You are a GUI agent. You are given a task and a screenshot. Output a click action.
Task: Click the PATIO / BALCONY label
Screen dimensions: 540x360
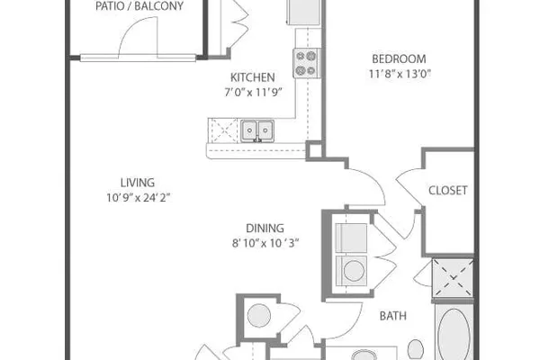click(x=139, y=6)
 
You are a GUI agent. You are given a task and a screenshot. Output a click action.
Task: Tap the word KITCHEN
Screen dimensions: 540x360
click(x=252, y=77)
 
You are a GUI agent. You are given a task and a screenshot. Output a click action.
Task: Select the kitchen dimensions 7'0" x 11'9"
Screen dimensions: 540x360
click(x=253, y=93)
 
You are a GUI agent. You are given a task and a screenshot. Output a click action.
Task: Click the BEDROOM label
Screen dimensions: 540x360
click(x=399, y=58)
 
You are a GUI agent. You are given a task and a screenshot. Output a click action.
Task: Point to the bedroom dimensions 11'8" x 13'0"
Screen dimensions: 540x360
click(x=400, y=74)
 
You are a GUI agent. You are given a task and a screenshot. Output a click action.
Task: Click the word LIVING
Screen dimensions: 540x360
click(x=138, y=183)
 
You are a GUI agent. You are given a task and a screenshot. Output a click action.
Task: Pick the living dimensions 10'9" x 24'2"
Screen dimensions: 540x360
click(x=139, y=198)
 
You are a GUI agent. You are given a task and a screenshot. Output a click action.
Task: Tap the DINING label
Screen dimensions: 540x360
click(x=265, y=228)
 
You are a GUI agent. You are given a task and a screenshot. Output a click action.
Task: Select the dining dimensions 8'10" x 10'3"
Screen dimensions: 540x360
click(x=265, y=243)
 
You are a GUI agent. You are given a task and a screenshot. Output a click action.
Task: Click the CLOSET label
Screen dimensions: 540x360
click(x=447, y=190)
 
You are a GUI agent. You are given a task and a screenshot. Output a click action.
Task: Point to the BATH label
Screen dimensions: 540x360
click(x=393, y=316)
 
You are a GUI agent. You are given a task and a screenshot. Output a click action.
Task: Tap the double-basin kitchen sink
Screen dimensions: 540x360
click(x=257, y=130)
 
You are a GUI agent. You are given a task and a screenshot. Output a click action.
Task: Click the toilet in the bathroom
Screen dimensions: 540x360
click(x=416, y=349)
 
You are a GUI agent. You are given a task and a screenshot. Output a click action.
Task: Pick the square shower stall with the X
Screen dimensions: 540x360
click(x=453, y=277)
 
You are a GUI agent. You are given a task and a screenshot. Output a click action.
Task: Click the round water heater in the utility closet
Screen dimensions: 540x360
click(x=259, y=316)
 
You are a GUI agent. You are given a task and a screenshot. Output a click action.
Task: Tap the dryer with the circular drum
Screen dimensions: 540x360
click(x=351, y=270)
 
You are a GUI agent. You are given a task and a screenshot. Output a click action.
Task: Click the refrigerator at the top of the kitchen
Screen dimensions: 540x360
click(x=304, y=12)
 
